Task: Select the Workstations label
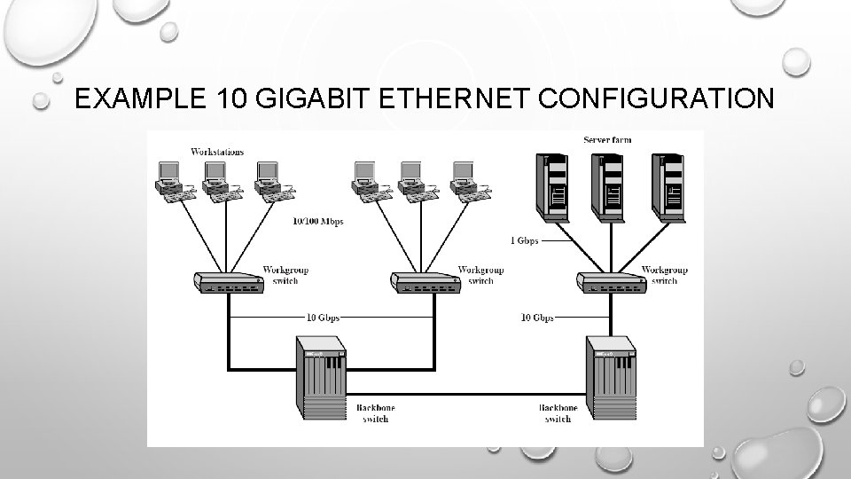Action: point(217,152)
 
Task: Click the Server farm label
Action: point(607,140)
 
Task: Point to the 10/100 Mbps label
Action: point(317,221)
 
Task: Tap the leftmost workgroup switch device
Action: point(229,282)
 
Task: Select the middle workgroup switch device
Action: point(424,282)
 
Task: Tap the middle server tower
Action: point(611,184)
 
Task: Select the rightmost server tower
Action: point(667,184)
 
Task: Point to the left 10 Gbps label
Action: point(323,317)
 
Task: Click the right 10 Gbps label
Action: point(537,317)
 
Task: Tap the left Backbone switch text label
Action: point(375,412)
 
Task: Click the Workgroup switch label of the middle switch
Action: point(480,275)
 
